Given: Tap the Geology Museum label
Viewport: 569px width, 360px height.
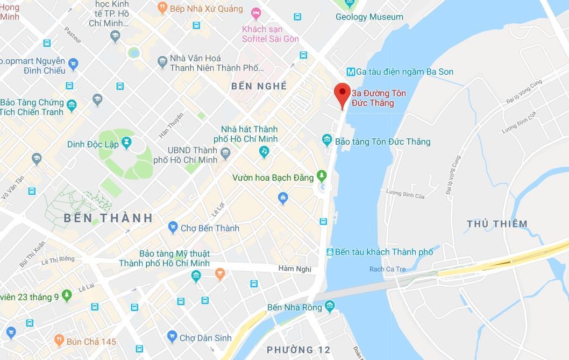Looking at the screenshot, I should [369, 17].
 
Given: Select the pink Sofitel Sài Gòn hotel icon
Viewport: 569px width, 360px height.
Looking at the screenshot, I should [256, 12].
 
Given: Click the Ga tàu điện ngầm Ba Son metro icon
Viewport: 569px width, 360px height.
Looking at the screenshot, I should [350, 72].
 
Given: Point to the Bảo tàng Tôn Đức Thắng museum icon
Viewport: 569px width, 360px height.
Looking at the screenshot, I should [326, 141].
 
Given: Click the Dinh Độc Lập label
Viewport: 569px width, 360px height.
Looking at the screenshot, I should [93, 144].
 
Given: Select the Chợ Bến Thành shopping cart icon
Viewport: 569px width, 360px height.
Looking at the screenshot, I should [173, 228].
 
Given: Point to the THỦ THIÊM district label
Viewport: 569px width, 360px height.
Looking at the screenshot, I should [497, 224].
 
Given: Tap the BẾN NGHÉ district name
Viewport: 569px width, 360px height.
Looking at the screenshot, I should [259, 86].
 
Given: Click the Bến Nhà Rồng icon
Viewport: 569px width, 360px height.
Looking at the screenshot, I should [330, 306].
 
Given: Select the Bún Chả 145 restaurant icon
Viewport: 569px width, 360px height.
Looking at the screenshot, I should [59, 341].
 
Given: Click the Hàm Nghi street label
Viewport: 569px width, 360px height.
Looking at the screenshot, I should [295, 269].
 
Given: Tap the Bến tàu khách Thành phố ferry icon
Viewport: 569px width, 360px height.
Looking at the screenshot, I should [329, 252].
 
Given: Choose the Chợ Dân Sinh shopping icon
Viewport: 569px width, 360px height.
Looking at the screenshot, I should [172, 337].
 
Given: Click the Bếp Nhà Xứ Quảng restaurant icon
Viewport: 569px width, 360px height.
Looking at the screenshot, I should [162, 8].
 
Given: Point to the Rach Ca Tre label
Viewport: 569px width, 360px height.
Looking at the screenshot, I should [387, 269].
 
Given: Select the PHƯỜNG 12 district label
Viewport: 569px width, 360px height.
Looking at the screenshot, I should [298, 350].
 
